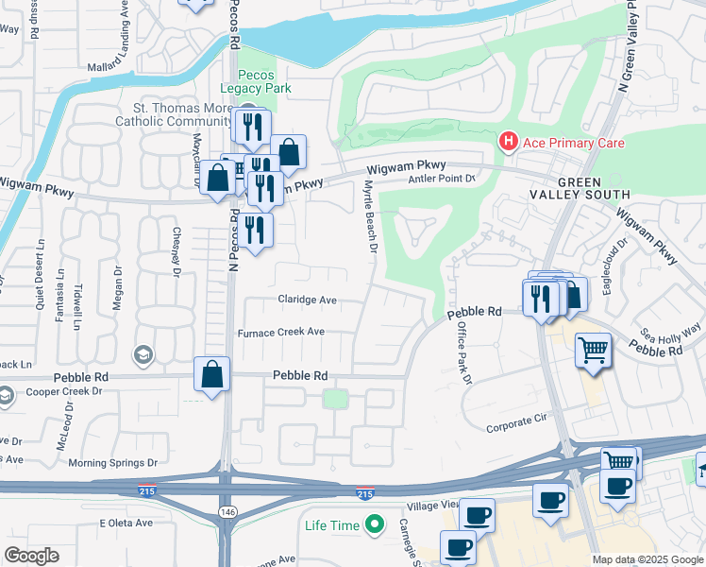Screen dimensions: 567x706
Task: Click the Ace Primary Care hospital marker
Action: [509, 143]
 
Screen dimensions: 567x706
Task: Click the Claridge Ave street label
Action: [307, 300]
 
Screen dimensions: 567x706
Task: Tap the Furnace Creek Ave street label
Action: [281, 332]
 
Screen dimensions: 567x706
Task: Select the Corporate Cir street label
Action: [516, 427]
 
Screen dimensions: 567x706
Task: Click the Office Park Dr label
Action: [463, 351]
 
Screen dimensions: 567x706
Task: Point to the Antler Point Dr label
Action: [440, 179]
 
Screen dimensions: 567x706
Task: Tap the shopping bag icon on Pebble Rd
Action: [212, 373]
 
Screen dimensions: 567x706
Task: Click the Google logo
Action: [30, 556]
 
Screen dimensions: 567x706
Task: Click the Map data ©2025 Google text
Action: [647, 559]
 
